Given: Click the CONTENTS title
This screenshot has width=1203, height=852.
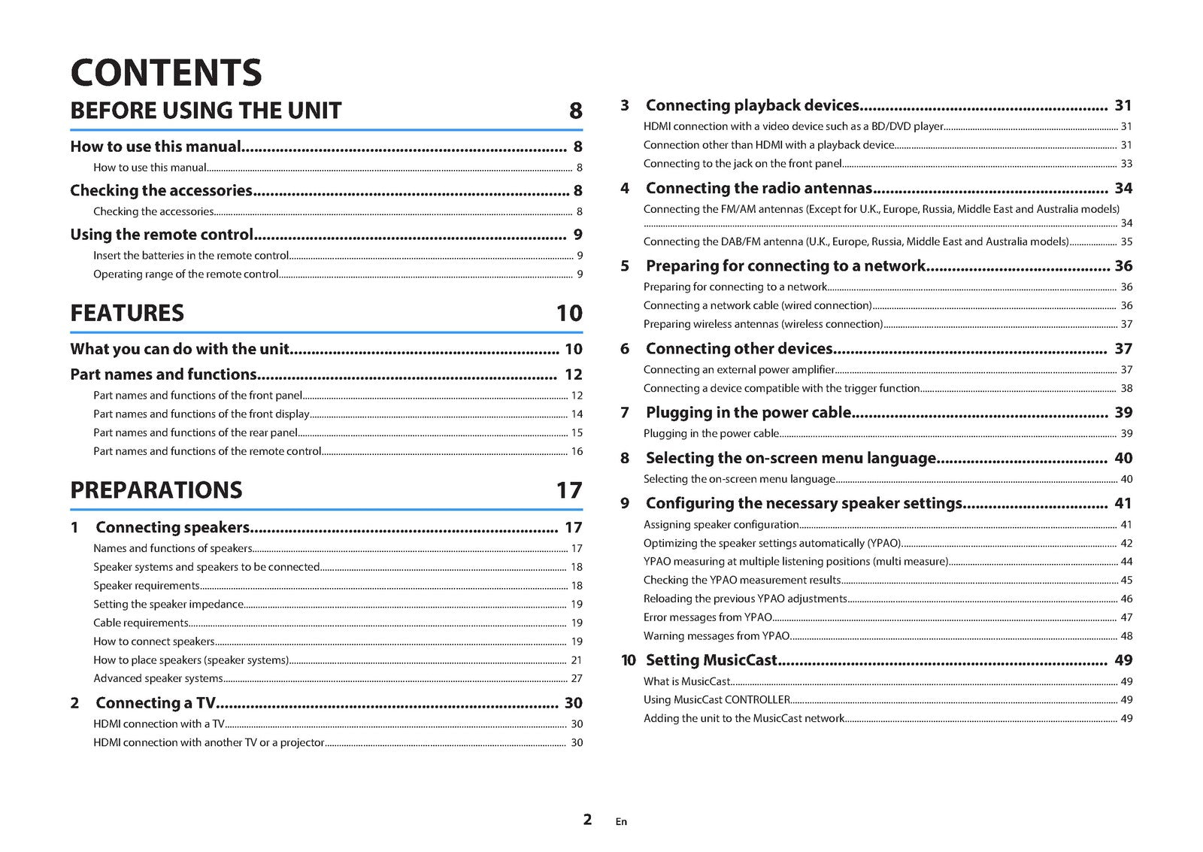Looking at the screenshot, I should coord(165,72).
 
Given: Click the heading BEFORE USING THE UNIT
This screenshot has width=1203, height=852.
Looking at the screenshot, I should coord(205,111).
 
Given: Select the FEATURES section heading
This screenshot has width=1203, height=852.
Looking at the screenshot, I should coord(126,313).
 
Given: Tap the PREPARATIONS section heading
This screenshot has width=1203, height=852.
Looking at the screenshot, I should coord(156,490).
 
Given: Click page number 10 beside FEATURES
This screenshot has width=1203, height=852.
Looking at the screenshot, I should coord(569,313).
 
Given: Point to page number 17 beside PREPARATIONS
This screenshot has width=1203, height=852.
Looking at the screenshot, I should coord(569,490).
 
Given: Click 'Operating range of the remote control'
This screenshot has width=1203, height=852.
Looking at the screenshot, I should coord(186,274).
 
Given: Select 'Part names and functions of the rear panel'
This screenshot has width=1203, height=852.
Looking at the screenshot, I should coord(195,432).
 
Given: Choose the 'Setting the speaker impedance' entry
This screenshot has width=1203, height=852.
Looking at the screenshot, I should coord(168,604).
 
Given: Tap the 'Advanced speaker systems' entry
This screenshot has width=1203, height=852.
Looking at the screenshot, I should coord(158,678).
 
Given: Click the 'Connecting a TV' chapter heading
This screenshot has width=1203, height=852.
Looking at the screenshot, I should coord(155,703).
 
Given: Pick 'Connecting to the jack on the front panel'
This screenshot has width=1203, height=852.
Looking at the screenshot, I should coord(742,163).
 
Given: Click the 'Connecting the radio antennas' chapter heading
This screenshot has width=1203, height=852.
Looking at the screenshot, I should coord(759,188).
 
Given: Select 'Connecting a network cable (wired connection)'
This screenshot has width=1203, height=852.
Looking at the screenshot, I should coord(757,305).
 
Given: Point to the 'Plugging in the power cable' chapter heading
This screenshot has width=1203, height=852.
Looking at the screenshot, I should coord(748,412).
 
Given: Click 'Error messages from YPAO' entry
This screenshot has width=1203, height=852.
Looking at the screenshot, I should coord(708,617).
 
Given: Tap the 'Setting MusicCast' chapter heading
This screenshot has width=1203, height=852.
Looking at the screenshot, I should coord(711,660).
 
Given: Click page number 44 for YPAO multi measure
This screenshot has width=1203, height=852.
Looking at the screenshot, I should coord(1126,562).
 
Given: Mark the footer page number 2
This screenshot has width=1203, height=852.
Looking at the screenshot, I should coord(587,819).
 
